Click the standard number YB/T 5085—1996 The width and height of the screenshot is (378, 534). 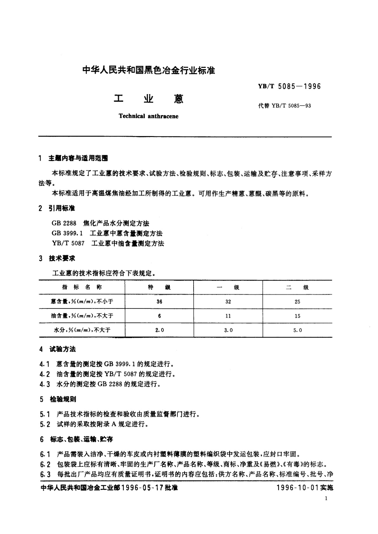(x=290, y=86)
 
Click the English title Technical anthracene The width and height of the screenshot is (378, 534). (x=149, y=116)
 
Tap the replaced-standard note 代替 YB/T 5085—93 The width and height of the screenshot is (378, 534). (x=284, y=106)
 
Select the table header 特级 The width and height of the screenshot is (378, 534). (x=159, y=287)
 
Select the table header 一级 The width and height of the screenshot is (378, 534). (x=228, y=287)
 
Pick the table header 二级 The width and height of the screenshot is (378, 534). (x=297, y=287)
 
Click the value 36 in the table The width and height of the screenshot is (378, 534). (x=159, y=302)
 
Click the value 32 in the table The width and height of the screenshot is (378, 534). (x=228, y=302)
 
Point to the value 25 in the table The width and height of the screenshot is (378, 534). (x=297, y=302)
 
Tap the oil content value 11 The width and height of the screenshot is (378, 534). (x=228, y=316)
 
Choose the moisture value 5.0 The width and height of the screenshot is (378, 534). (x=297, y=330)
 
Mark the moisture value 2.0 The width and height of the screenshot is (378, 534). (x=159, y=330)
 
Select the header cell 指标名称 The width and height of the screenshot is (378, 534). (x=82, y=287)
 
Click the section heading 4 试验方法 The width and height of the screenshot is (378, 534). (x=58, y=349)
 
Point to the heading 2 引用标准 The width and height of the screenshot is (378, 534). (x=57, y=208)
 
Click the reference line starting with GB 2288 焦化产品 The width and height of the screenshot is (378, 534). (x=100, y=223)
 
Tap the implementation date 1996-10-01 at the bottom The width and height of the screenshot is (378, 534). (x=305, y=487)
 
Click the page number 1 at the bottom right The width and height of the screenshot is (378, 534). (x=326, y=498)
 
